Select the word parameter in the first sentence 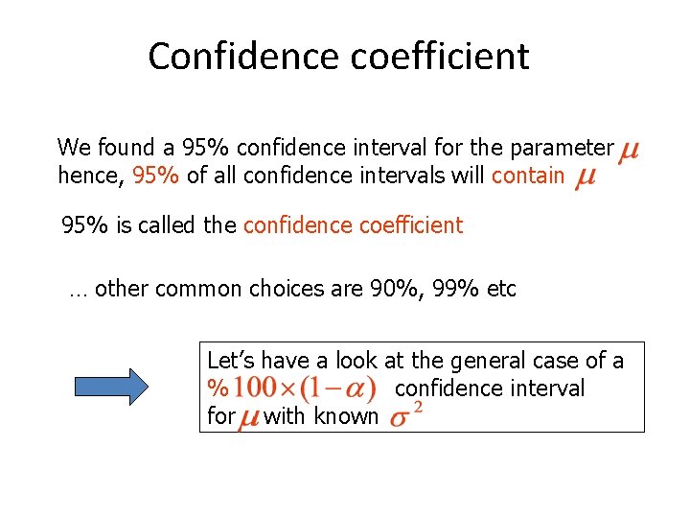[x=561, y=148]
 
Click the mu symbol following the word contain [x=585, y=178]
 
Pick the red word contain [x=528, y=176]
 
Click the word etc [x=502, y=289]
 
